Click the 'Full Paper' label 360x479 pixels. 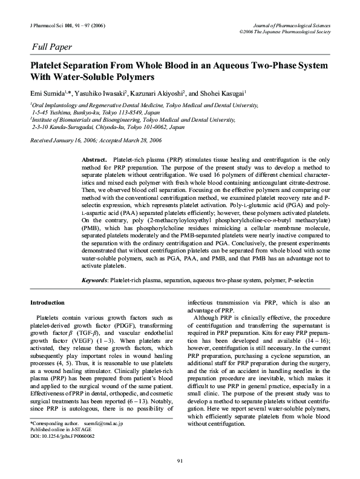coord(51,47)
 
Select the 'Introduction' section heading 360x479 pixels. coord(47,302)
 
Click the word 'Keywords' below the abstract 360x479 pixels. coord(95,280)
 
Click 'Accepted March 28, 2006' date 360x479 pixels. coord(133,140)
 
